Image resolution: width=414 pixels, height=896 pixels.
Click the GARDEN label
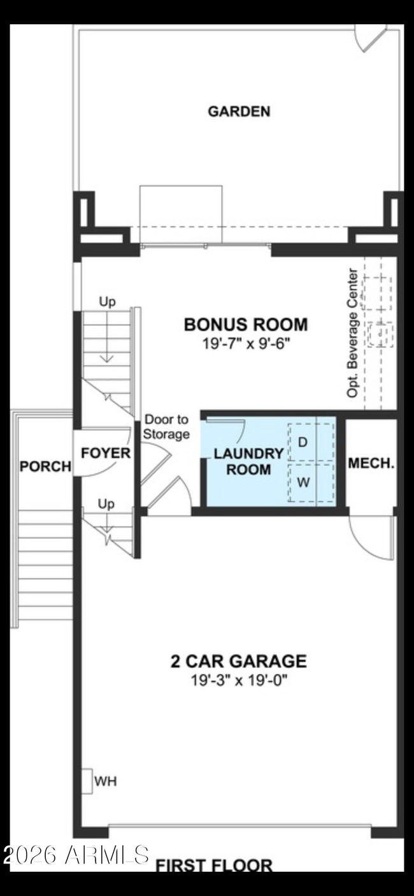coord(239,111)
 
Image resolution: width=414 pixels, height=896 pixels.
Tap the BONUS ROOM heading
coord(245,325)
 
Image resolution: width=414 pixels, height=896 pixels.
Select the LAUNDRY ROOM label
coord(248,461)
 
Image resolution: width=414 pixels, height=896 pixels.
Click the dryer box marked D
coord(303,442)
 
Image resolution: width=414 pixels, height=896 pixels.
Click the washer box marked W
coord(303,482)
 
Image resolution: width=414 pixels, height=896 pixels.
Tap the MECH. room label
coord(371,463)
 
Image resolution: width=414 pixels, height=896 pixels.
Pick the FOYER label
coord(105,454)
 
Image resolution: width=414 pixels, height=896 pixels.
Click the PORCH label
coord(45,466)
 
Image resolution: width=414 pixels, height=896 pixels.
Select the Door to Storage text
coord(166,427)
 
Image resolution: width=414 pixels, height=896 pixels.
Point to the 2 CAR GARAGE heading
coord(238,661)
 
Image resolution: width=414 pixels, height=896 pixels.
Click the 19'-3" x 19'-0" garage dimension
coord(239,680)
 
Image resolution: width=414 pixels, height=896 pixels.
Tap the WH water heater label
coord(106,780)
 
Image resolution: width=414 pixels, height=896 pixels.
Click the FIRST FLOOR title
coord(214,865)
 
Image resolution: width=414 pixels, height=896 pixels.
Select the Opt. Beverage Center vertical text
coord(352,333)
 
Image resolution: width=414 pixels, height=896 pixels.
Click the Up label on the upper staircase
coord(107,302)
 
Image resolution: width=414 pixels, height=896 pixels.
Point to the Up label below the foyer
coord(106,504)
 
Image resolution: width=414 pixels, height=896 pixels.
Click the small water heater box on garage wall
coord(86,780)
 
